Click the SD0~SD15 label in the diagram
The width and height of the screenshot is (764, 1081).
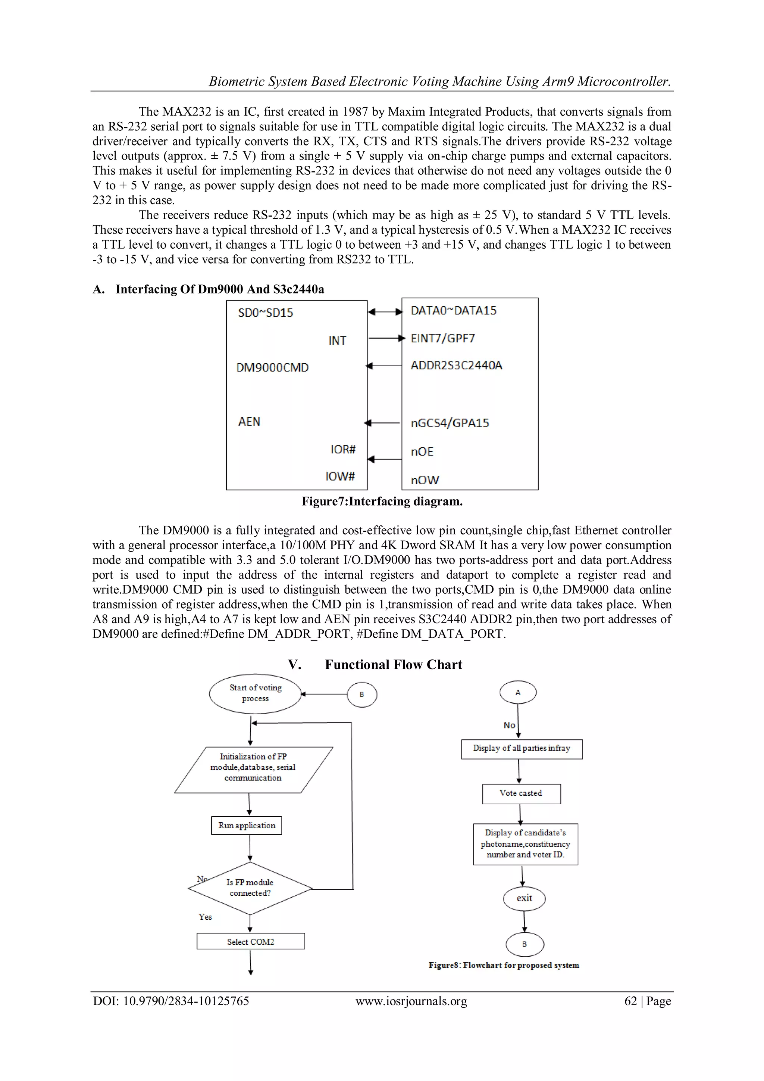(265, 313)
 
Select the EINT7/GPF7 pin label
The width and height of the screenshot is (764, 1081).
(443, 339)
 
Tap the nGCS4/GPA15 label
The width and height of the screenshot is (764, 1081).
(450, 423)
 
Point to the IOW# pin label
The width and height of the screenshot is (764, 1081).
(340, 476)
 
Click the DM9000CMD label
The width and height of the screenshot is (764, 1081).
(272, 368)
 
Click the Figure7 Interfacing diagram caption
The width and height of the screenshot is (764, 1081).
(382, 501)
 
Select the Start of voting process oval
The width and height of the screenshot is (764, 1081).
(256, 693)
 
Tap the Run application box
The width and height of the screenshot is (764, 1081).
(247, 825)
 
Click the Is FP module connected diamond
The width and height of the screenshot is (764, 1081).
(250, 888)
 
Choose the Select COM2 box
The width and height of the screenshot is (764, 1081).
(250, 942)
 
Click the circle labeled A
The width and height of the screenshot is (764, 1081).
(518, 693)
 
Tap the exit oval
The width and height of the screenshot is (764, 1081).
(524, 898)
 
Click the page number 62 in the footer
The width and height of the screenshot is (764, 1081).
(630, 1001)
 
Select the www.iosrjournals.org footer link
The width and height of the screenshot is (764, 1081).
(411, 1001)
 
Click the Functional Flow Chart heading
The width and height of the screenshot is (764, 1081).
(393, 665)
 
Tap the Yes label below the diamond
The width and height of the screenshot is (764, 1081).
(205, 917)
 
